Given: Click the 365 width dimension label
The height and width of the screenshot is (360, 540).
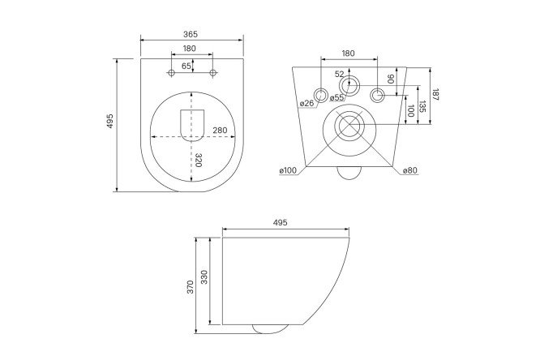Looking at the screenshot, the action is pos(191,34).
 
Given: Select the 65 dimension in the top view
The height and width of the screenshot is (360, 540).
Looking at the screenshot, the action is pos(186,66).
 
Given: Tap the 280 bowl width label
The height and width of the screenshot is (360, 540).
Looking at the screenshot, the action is pos(220,131).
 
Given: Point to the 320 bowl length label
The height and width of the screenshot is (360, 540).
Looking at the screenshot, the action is pos(198,161).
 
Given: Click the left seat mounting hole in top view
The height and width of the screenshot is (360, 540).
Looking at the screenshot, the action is pos(171,73).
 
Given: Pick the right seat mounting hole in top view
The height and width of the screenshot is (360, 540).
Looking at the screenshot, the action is pos(213,73).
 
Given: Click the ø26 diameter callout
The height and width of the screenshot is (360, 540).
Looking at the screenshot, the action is pos(306,103).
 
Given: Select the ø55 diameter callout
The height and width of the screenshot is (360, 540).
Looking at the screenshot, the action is pos(336,97).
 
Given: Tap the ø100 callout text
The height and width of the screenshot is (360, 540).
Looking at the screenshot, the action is pos(288,170).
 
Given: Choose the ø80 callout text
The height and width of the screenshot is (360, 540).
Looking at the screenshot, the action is pos(410,170).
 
